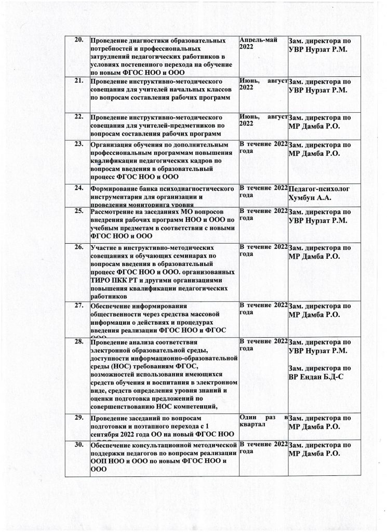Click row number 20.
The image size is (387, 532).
tap(80, 41)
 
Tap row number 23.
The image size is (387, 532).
tap(81, 144)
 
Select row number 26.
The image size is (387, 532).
tap(80, 246)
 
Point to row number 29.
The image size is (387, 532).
tap(80, 418)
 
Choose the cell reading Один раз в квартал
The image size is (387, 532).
tap(263, 421)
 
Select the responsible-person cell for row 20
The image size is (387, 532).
tap(319, 45)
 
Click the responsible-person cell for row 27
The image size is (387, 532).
tap(319, 310)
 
